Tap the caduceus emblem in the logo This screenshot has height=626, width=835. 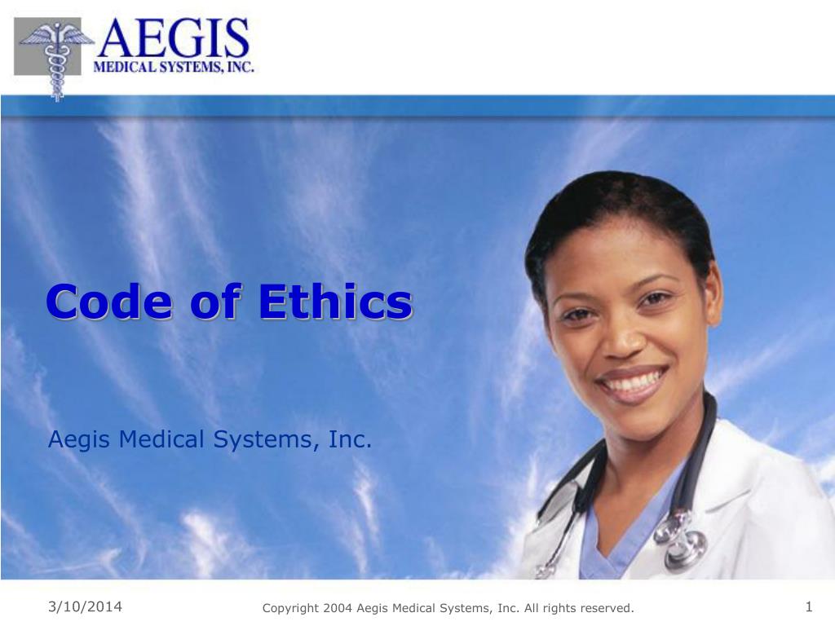55,57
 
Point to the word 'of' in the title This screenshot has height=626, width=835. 216,302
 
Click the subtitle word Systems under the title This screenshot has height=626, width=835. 264,441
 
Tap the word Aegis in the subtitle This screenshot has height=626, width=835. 80,441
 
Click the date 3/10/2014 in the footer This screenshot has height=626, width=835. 85,606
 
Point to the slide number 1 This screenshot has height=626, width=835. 809,606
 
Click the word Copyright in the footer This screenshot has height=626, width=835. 290,608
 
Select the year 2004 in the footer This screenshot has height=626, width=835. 338,608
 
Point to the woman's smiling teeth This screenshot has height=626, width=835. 630,381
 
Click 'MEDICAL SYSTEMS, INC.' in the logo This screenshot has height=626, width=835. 174,67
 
